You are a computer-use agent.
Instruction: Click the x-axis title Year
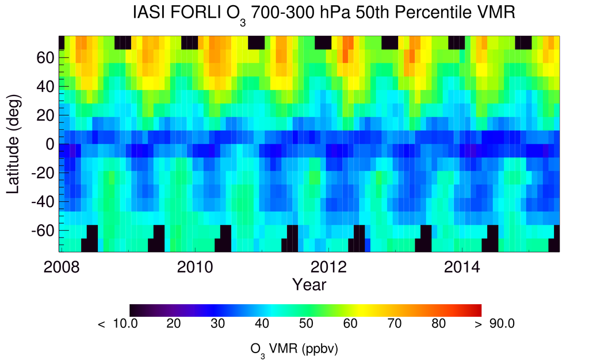point(309,284)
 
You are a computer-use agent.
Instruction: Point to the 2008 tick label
point(62,267)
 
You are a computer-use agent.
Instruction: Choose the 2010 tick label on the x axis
point(195,267)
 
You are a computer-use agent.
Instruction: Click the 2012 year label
point(328,267)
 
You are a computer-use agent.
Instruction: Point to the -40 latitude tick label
point(43,202)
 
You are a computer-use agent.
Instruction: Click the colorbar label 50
point(306,324)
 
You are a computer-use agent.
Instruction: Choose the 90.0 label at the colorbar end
point(501,324)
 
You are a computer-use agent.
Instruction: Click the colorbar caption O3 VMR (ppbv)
point(297,349)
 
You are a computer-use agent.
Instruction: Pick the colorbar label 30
point(217,324)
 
